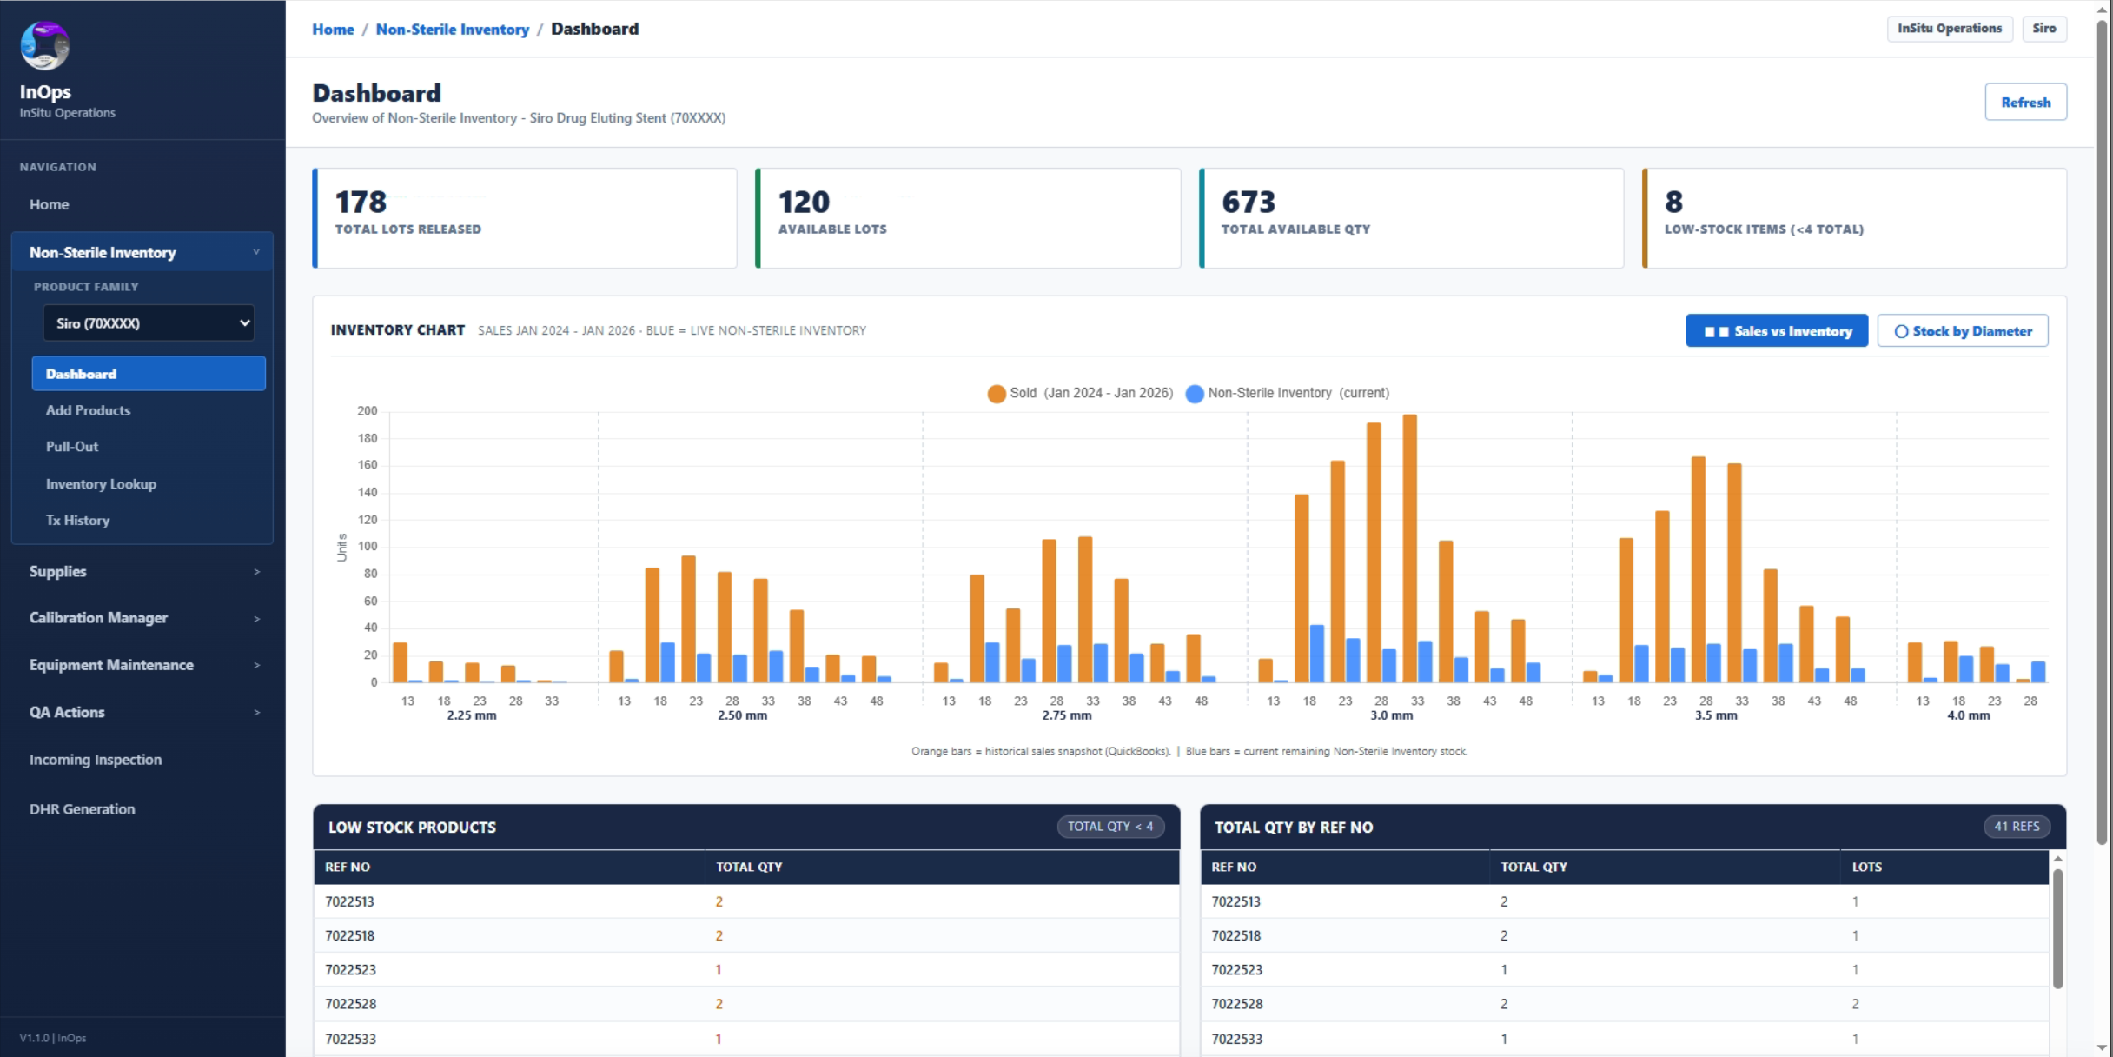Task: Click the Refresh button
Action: (x=2025, y=102)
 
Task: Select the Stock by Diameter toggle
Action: (x=1963, y=331)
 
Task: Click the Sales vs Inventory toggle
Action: (x=1777, y=331)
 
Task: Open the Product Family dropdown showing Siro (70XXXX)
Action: (x=149, y=323)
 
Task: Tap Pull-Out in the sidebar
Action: (x=72, y=447)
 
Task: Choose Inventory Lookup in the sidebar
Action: (x=101, y=484)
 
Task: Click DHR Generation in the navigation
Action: (x=83, y=809)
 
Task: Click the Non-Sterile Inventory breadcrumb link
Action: (x=452, y=29)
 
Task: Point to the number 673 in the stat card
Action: (x=1249, y=202)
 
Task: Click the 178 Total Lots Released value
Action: (x=361, y=202)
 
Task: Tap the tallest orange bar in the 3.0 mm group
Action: (x=1410, y=548)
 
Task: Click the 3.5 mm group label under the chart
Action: (x=1716, y=715)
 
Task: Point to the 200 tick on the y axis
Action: (x=368, y=411)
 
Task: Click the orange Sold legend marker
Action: (x=997, y=394)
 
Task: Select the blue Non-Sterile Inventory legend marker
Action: (x=1195, y=394)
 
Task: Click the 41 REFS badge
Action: (x=2017, y=827)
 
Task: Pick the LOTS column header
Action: (x=1866, y=867)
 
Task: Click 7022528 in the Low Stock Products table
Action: (x=351, y=1004)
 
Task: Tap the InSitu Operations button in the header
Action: (x=1950, y=29)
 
